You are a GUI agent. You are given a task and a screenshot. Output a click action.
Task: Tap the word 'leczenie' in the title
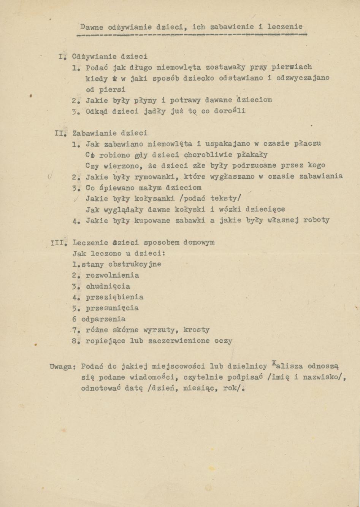pyautogui.click(x=285, y=27)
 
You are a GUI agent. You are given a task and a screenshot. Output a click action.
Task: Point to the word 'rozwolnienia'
pyautogui.click(x=113, y=275)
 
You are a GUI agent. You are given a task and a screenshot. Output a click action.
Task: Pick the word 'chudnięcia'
pyautogui.click(x=108, y=286)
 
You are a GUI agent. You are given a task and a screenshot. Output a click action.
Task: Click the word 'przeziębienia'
pyautogui.click(x=114, y=297)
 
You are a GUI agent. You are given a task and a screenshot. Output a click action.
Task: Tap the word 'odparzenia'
pyautogui.click(x=103, y=319)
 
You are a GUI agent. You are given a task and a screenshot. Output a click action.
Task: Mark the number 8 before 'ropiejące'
pyautogui.click(x=75, y=341)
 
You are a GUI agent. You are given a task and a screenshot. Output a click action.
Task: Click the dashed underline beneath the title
pyautogui.click(x=192, y=35)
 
